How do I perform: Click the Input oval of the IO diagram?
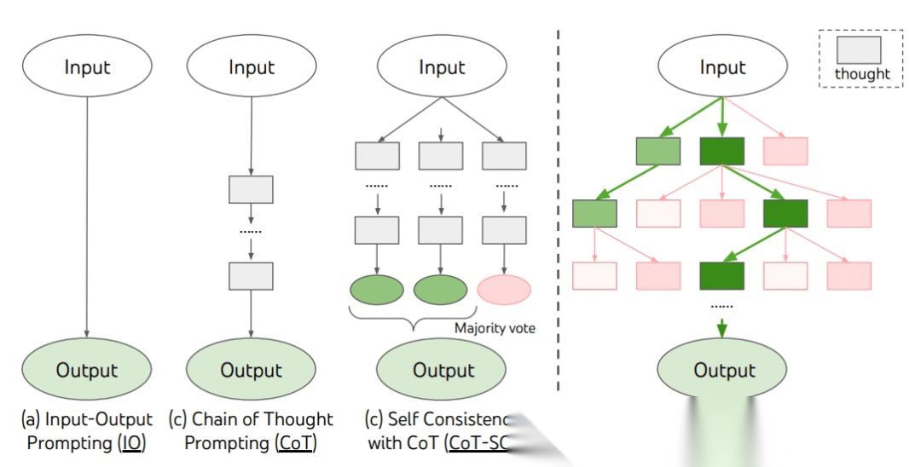(87, 67)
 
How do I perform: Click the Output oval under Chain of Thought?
(251, 370)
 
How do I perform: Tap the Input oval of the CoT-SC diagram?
(441, 67)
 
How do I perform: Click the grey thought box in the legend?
(858, 49)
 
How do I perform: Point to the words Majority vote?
(495, 328)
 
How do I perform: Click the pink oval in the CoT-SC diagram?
(504, 290)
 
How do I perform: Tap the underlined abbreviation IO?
(132, 443)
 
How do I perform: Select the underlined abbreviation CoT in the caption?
(296, 443)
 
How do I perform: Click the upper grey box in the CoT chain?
(251, 189)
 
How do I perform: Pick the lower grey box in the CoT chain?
(251, 276)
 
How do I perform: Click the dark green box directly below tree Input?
(722, 151)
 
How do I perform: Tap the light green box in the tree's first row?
(658, 151)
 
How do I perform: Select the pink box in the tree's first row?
(785, 151)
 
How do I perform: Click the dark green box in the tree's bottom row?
(722, 275)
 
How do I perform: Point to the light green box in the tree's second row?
(595, 213)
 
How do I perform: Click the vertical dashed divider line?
(559, 213)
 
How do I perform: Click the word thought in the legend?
(862, 74)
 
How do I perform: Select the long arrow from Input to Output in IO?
(87, 213)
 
